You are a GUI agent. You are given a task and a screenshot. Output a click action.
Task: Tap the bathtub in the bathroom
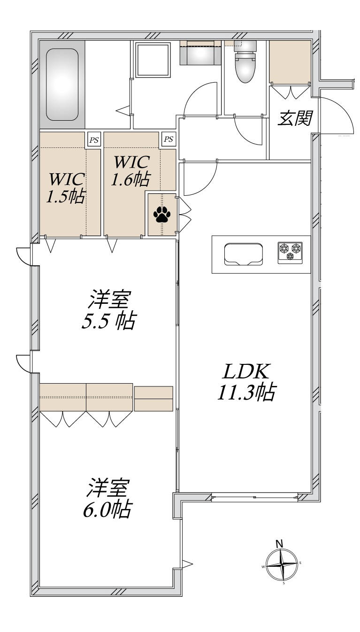point(62,85)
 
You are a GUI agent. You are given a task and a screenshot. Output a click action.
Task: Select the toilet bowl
point(245,67)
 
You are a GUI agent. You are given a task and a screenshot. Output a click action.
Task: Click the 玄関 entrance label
point(295,118)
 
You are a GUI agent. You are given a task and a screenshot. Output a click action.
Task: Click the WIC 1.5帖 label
point(66,188)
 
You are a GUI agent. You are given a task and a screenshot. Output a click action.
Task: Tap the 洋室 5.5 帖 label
point(108,310)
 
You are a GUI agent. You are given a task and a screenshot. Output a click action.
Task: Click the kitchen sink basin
point(244,254)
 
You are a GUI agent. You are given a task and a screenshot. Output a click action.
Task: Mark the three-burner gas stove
point(290,253)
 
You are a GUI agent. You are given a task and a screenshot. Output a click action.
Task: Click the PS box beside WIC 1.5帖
point(94,140)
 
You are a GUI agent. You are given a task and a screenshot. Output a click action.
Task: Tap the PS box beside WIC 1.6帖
point(169,139)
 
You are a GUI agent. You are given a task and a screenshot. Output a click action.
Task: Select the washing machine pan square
point(153,60)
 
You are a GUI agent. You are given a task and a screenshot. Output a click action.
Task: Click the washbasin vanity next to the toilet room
point(200,53)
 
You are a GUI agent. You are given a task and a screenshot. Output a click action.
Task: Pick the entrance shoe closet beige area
point(290,62)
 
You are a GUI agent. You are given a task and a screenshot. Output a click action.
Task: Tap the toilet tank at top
point(245,46)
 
